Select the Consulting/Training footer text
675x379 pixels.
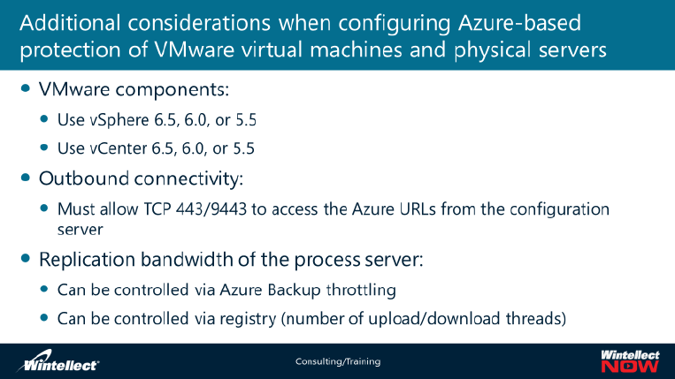pos(337,362)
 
